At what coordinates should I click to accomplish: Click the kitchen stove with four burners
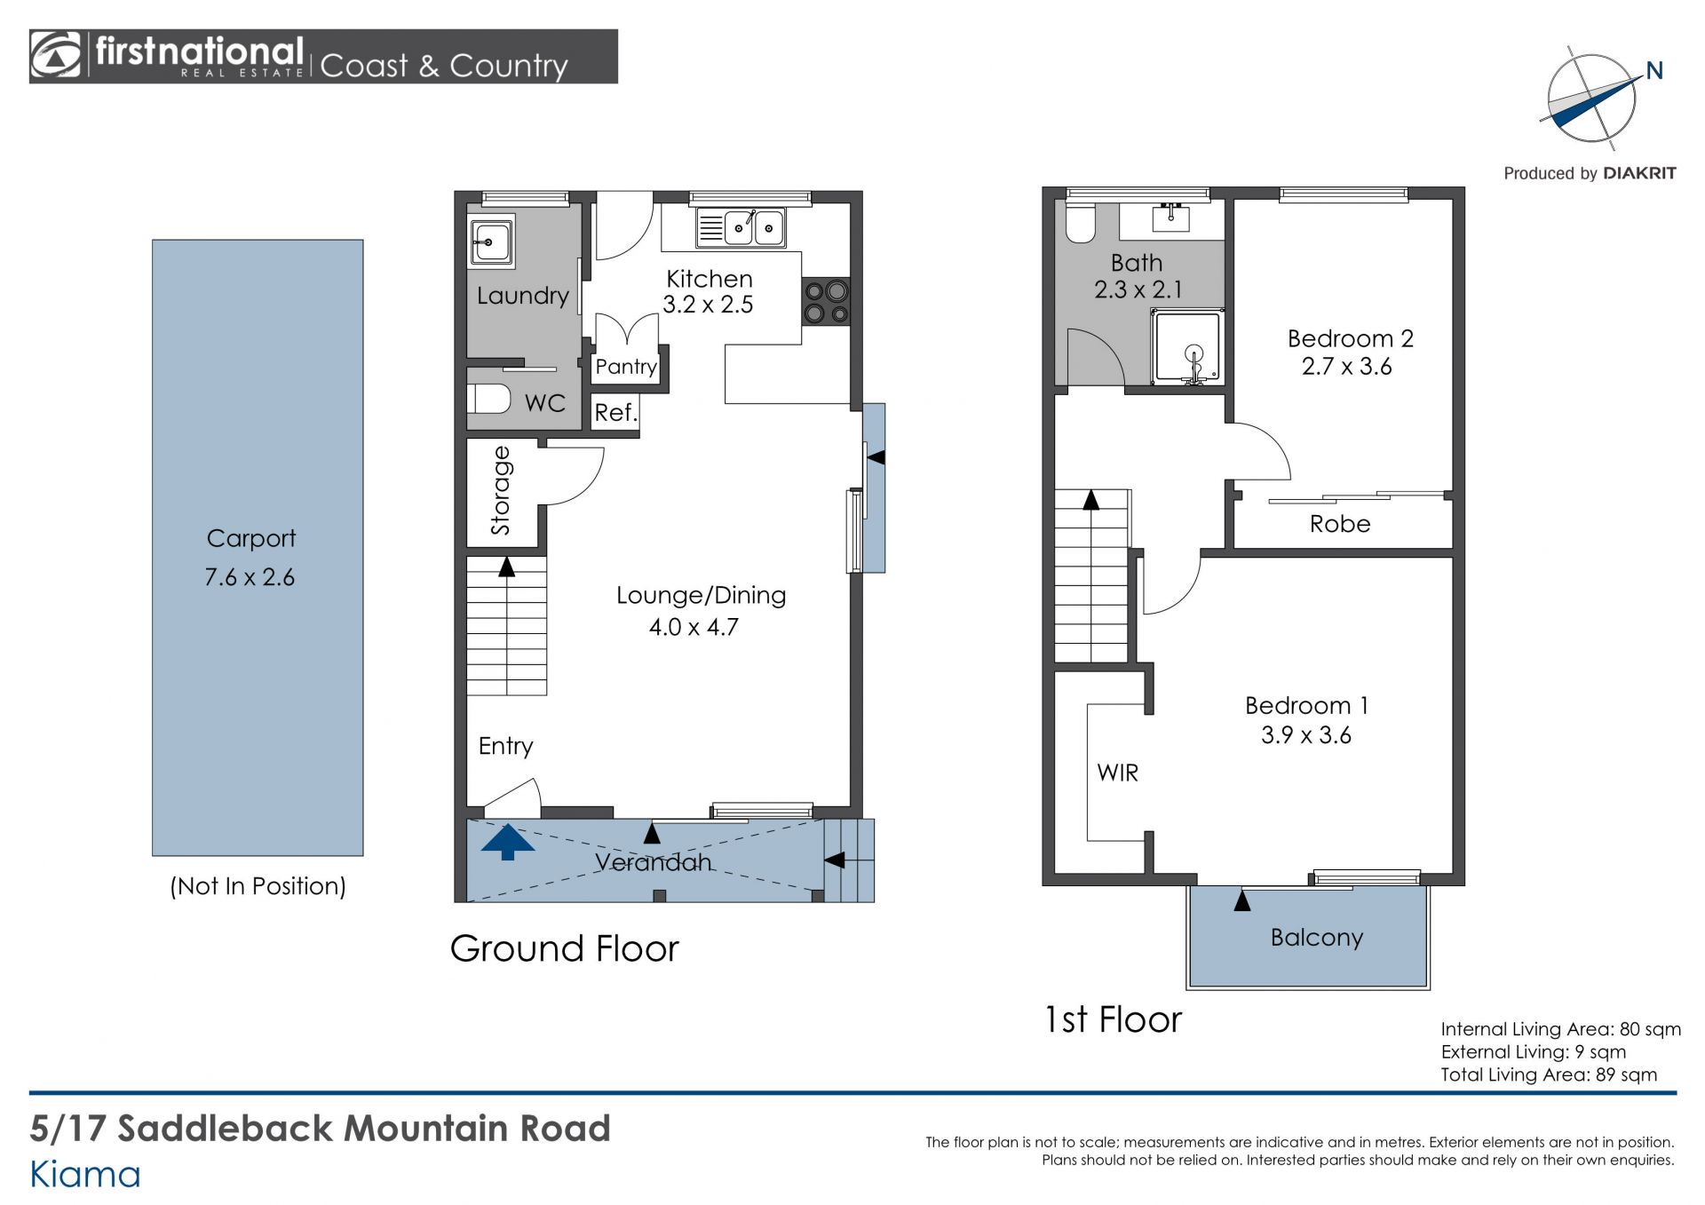tap(826, 301)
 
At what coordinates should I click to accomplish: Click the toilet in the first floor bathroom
tap(1081, 223)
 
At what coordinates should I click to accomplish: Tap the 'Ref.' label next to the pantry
tap(615, 413)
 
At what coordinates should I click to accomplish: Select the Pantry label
tap(626, 367)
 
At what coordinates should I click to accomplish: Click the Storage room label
tap(501, 490)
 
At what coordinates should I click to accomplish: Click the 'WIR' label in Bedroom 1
tap(1117, 773)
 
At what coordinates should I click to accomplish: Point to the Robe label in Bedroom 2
tap(1340, 524)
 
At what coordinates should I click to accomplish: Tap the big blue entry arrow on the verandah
tap(508, 842)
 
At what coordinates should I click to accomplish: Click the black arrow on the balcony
tap(1242, 900)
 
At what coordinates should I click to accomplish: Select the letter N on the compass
tap(1654, 71)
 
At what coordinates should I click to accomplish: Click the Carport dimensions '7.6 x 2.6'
tap(250, 577)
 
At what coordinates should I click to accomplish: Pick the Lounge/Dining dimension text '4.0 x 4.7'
tap(694, 627)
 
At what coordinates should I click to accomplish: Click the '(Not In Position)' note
tap(258, 886)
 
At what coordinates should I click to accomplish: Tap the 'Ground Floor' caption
tap(565, 948)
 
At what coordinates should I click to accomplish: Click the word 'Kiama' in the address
tap(85, 1175)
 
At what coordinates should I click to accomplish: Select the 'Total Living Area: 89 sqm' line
tap(1549, 1074)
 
